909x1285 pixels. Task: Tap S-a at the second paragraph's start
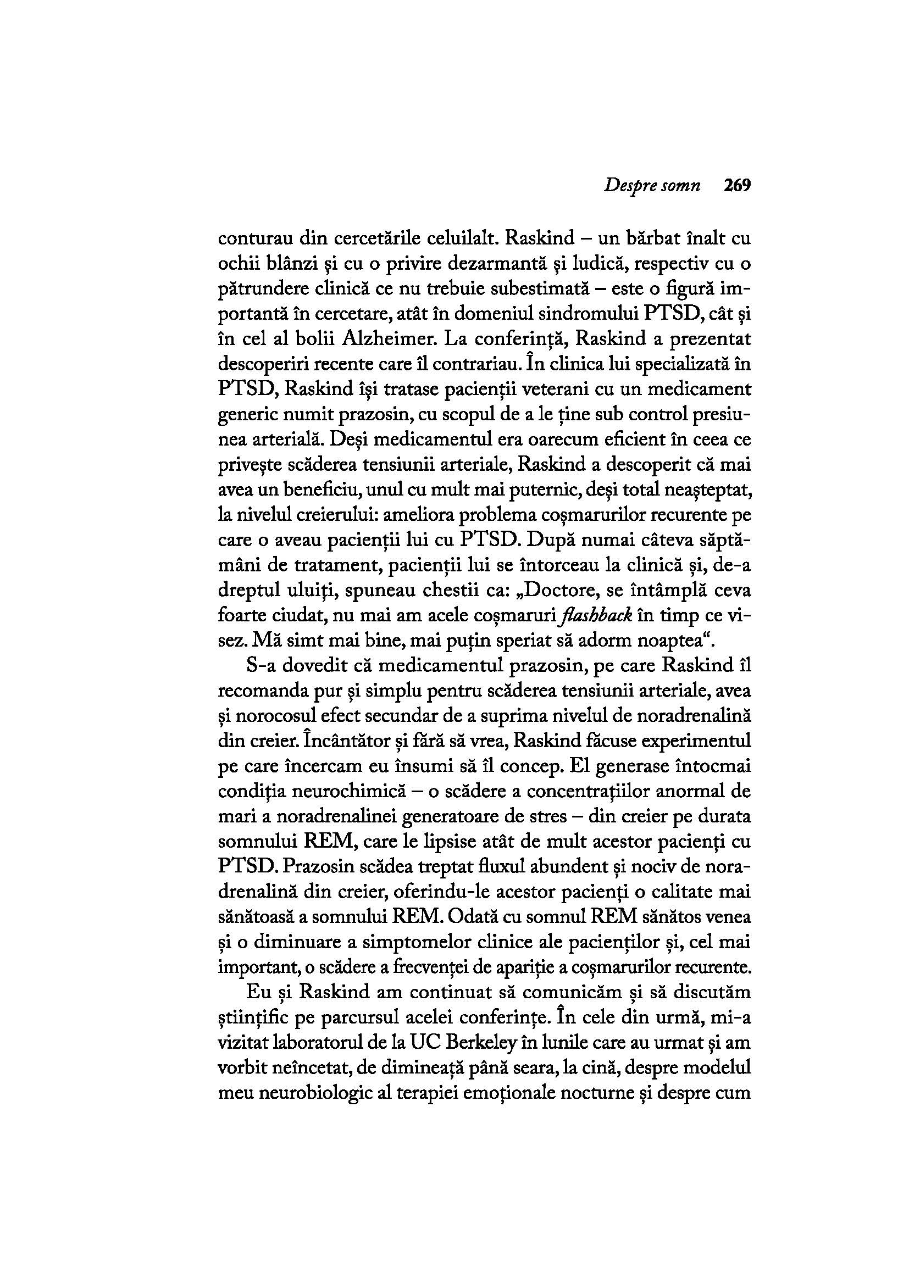coord(261,665)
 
